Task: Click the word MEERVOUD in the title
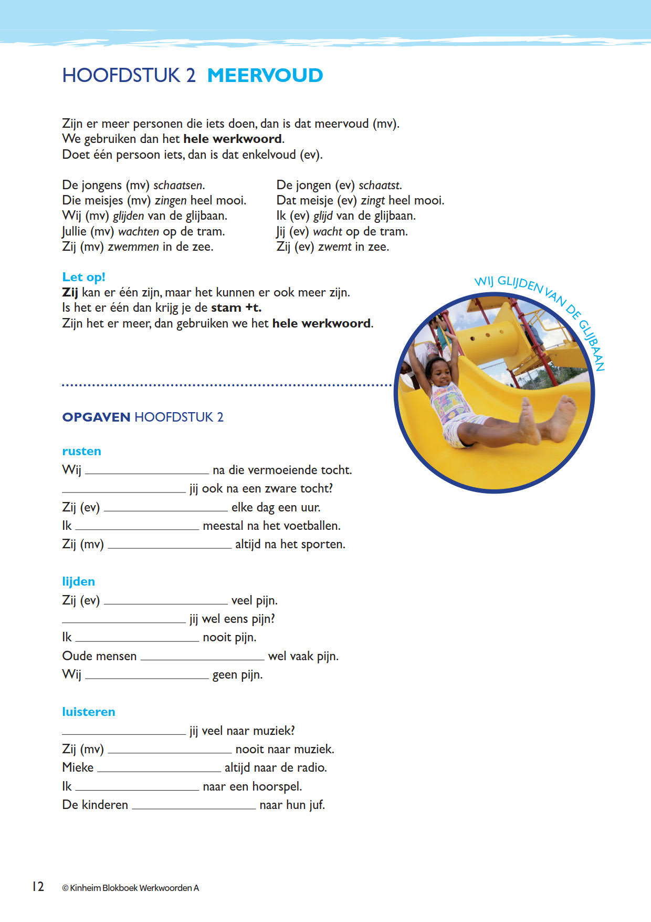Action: pyautogui.click(x=265, y=76)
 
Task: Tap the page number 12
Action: pyautogui.click(x=38, y=887)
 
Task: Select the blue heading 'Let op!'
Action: pyautogui.click(x=83, y=277)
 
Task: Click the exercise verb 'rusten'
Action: pyautogui.click(x=81, y=451)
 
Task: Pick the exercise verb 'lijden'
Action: pyautogui.click(x=78, y=581)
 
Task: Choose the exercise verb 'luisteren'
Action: pyautogui.click(x=88, y=712)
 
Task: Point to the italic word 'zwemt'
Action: pyautogui.click(x=334, y=247)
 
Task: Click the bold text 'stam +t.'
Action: pyautogui.click(x=236, y=308)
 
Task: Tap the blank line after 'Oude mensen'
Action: pyautogui.click(x=202, y=657)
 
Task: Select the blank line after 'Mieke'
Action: pyautogui.click(x=159, y=769)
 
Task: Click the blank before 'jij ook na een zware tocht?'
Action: pyautogui.click(x=124, y=490)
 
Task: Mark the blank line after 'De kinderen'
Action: pyautogui.click(x=194, y=806)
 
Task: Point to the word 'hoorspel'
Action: pyautogui.click(x=277, y=786)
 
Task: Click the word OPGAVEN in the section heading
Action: pyautogui.click(x=96, y=417)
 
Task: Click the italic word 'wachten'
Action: pyautogui.click(x=139, y=231)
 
